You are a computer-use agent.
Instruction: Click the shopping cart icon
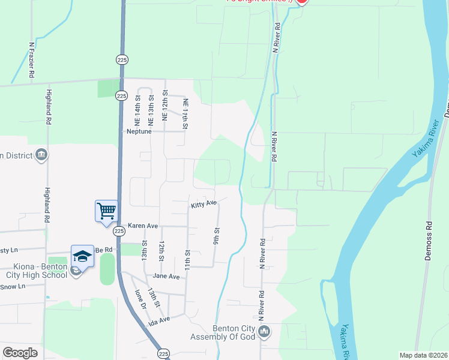106,211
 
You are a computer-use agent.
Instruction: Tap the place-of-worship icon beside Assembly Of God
265,331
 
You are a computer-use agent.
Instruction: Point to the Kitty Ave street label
203,205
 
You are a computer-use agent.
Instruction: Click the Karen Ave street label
142,226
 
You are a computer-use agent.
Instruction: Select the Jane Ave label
166,277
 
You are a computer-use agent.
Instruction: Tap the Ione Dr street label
141,298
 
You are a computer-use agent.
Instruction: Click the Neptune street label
137,131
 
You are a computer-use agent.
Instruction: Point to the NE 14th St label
137,106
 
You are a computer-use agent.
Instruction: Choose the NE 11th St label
185,113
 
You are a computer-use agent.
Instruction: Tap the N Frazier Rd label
31,60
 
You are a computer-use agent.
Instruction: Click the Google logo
20,353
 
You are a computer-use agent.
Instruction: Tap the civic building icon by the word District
41,155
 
